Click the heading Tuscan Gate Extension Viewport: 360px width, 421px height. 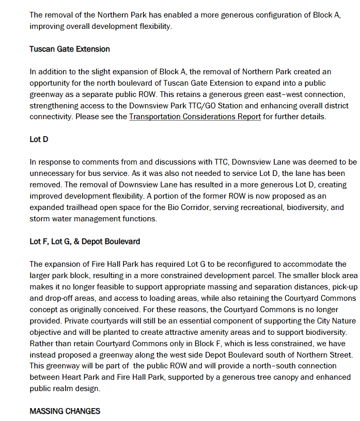pyautogui.click(x=70, y=50)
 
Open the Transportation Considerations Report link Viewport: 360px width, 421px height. pyautogui.click(x=195, y=117)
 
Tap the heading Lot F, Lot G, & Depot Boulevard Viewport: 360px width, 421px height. pyautogui.click(x=85, y=241)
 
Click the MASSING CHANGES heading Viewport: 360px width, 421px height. pyautogui.click(x=65, y=411)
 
